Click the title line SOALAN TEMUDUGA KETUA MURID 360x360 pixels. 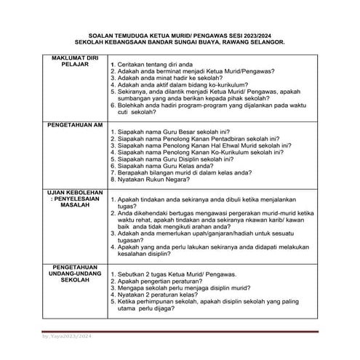(179, 34)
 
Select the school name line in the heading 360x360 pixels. (179, 42)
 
